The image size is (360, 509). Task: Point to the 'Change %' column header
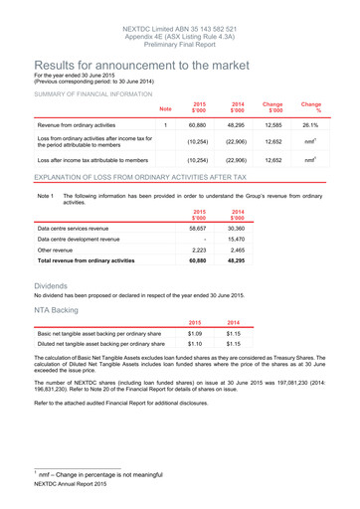(x=310, y=107)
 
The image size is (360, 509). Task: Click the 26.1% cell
(x=309, y=126)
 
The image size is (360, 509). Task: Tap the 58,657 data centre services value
(x=200, y=228)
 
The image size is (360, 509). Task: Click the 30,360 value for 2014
(x=238, y=228)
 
